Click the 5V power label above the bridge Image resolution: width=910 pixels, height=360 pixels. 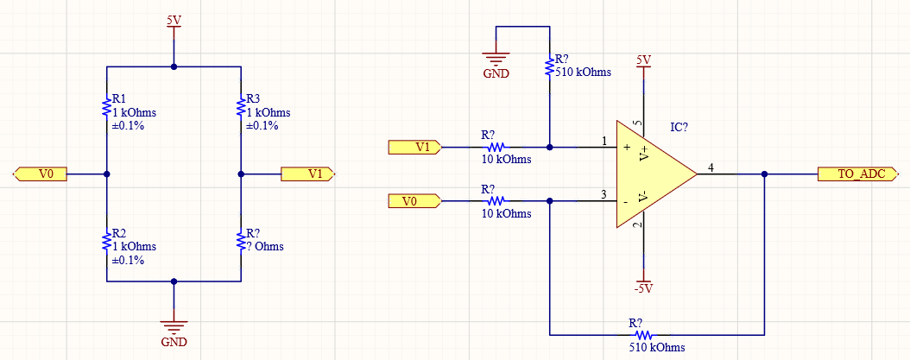174,20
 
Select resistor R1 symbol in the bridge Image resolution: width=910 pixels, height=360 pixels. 105,109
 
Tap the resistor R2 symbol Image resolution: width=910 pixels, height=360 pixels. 105,238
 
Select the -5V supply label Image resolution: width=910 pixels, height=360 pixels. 643,287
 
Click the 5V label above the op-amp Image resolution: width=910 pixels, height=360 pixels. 643,60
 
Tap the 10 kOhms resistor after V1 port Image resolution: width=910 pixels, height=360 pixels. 499,147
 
